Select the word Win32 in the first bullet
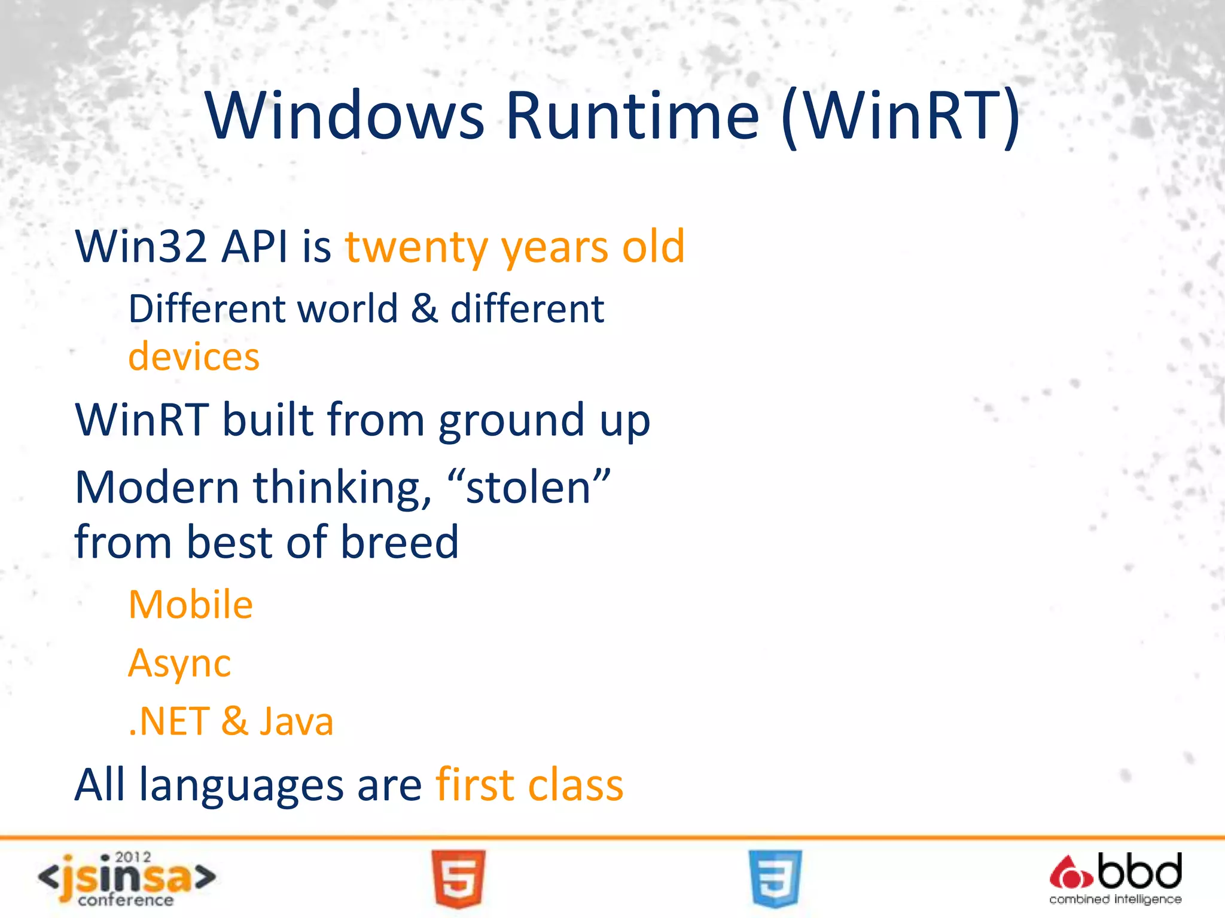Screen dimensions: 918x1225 click(141, 246)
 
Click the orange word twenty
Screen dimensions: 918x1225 click(417, 246)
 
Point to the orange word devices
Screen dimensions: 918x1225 click(194, 357)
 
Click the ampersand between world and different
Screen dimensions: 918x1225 click(424, 309)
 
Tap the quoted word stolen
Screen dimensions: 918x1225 click(529, 488)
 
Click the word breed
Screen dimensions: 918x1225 click(400, 542)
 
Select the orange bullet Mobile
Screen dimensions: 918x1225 click(191, 604)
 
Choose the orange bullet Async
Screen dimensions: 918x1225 click(179, 663)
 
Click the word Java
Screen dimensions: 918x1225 click(296, 721)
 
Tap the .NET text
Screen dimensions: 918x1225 click(169, 721)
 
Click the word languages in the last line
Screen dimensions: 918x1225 click(241, 785)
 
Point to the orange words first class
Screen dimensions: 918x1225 click(529, 784)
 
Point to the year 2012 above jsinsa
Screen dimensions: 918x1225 click(133, 857)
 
